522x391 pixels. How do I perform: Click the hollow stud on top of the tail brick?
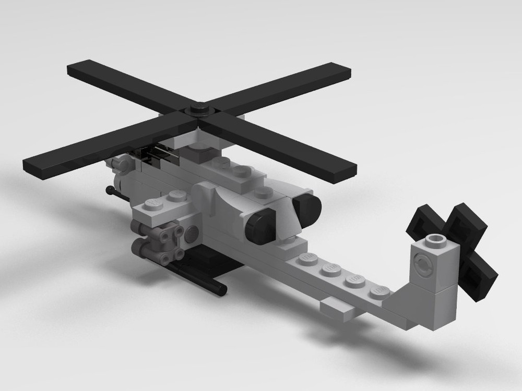tap(433, 241)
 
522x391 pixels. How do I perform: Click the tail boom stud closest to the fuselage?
tap(306, 259)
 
